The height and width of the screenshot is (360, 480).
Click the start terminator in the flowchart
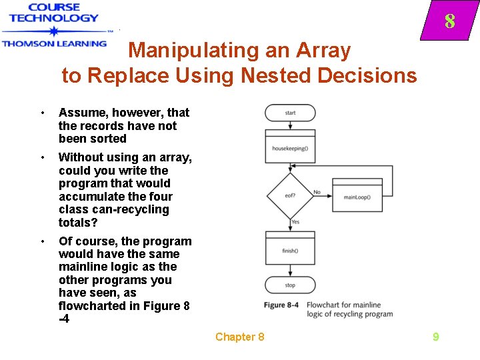click(290, 113)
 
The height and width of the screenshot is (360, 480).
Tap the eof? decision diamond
click(290, 195)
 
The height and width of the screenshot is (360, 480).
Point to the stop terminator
click(290, 285)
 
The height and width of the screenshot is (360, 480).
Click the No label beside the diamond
click(317, 192)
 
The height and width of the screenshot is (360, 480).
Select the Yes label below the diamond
click(295, 221)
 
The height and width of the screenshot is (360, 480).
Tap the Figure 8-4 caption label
click(281, 305)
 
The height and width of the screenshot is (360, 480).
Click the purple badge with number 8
click(449, 22)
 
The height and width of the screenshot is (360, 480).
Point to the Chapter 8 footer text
click(239, 337)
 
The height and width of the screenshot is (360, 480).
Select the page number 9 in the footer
click(435, 337)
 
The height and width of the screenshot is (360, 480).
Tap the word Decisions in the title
click(367, 75)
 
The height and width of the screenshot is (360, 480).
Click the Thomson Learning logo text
click(54, 43)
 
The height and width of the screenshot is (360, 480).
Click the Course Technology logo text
click(54, 13)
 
